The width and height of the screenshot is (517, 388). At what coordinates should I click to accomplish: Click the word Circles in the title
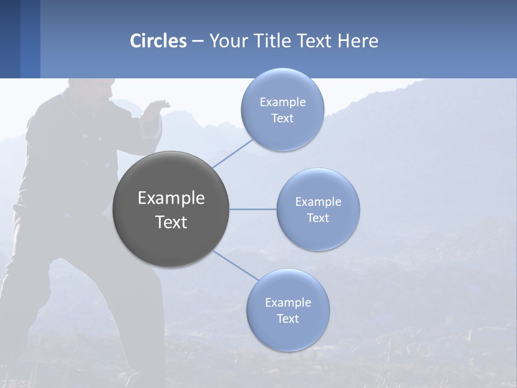click(158, 41)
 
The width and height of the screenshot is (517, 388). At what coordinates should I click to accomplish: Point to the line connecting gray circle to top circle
click(233, 153)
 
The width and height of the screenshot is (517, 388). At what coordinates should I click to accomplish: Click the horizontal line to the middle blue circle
click(253, 209)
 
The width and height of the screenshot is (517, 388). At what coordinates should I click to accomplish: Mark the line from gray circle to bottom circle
click(235, 265)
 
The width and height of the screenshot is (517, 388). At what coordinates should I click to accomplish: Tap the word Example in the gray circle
click(171, 198)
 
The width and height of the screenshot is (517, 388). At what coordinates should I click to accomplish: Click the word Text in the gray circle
click(171, 222)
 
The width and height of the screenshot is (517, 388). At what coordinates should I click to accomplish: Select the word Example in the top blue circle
click(282, 102)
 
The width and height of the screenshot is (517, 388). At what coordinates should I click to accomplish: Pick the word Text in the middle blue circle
click(318, 218)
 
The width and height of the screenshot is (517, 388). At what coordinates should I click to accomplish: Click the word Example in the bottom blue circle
click(288, 303)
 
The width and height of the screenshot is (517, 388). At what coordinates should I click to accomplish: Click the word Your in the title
click(226, 41)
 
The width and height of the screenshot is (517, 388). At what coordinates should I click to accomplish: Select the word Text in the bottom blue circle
click(288, 319)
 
